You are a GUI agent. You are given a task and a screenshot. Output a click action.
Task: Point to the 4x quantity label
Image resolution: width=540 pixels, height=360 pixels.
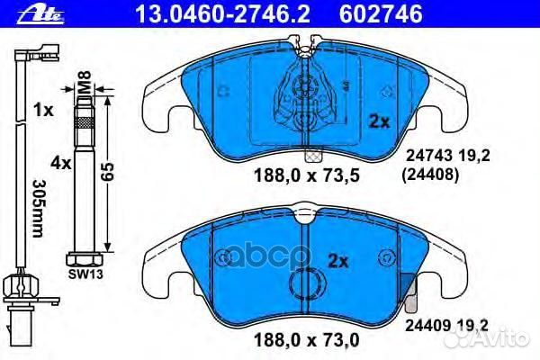click(61, 164)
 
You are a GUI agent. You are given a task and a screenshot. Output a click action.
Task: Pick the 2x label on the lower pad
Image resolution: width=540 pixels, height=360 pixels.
click(338, 263)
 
